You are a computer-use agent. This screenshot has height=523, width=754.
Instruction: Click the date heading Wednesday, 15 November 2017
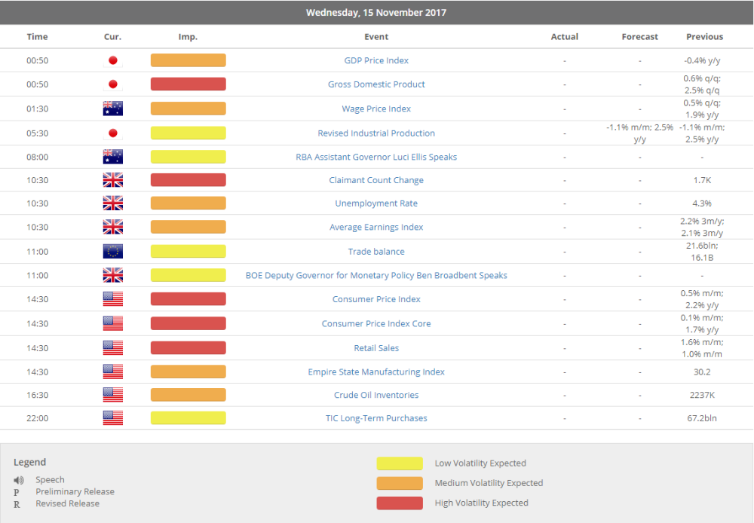tap(376, 13)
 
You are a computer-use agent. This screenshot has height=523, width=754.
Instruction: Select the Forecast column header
tap(639, 37)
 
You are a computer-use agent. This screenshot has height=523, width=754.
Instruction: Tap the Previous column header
tap(704, 37)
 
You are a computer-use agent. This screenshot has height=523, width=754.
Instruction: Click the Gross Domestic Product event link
tap(376, 84)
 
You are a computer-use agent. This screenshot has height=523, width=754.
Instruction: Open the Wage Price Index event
tap(376, 109)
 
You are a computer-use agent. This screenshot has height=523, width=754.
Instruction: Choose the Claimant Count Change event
tap(376, 180)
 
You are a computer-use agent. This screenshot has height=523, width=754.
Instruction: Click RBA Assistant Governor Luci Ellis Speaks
tap(376, 157)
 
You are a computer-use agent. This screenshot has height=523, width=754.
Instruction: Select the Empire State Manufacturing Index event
tap(376, 372)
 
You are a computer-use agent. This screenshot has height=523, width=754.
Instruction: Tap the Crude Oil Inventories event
tap(376, 395)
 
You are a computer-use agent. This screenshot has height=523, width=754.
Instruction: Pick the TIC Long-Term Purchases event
tap(376, 418)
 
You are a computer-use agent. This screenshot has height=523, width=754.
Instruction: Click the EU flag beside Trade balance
tap(112, 252)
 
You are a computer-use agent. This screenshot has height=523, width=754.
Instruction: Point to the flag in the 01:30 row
tap(112, 109)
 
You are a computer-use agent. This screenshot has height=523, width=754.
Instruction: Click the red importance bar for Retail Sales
tap(188, 348)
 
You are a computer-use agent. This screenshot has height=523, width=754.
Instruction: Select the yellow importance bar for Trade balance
tap(188, 252)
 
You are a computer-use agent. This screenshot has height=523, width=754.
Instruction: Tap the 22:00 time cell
tap(37, 418)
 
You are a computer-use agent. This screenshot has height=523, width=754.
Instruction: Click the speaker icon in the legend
tap(19, 480)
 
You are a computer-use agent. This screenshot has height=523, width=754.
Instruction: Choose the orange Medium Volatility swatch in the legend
tap(400, 483)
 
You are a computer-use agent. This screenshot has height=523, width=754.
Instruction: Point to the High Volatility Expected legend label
tap(481, 503)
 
